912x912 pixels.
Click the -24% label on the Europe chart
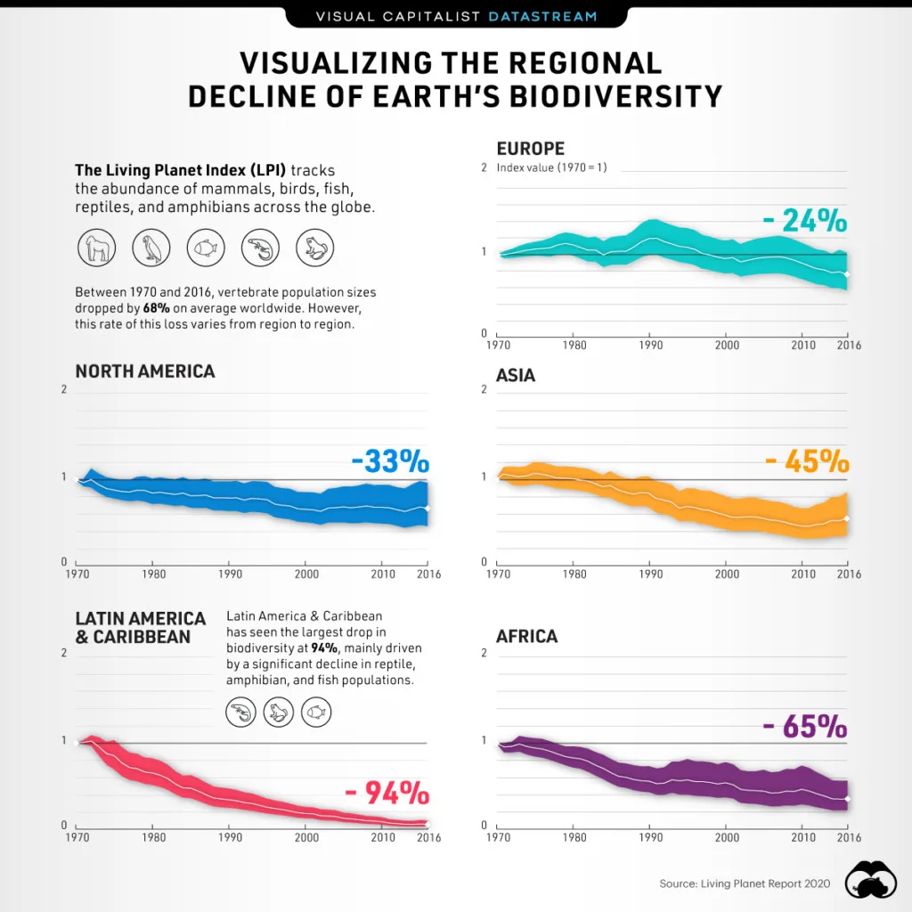click(805, 220)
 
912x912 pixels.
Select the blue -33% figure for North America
click(389, 462)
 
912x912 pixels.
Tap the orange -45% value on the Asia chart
click(806, 461)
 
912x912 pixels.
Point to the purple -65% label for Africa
click(804, 727)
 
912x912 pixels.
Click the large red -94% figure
click(386, 793)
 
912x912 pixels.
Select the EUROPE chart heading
click(530, 149)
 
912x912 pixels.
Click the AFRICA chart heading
click(526, 636)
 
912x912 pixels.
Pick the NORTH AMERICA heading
click(144, 370)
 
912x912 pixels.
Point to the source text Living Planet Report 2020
click(745, 883)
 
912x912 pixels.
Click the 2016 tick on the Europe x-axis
click(848, 345)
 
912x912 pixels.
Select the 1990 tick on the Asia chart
click(650, 574)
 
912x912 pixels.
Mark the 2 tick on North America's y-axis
click(63, 390)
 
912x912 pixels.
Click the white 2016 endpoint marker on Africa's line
click(846, 799)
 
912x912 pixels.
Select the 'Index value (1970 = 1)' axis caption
click(551, 167)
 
